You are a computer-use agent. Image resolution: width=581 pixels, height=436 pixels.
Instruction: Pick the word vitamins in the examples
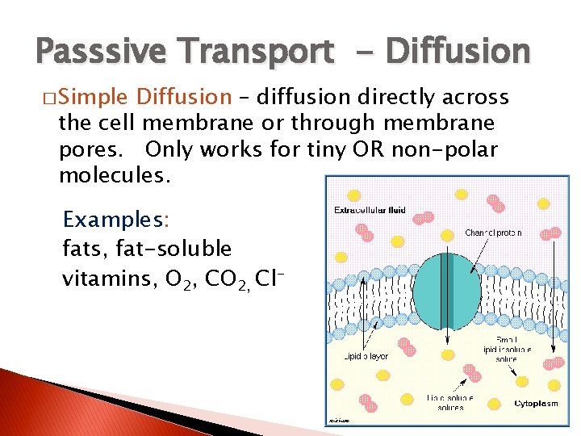click(109, 279)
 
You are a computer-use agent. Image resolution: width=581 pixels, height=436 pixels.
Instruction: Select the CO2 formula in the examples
click(228, 279)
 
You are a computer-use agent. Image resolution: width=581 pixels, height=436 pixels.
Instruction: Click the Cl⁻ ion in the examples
click(271, 279)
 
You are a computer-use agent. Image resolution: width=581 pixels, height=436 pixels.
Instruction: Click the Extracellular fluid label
click(369, 212)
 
